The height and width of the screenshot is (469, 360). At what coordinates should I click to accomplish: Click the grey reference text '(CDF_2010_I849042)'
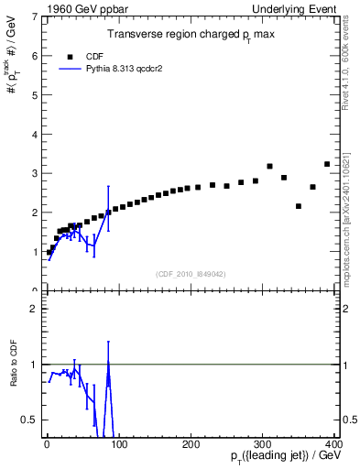191,273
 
